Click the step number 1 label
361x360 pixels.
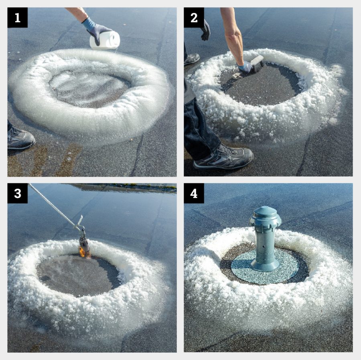tap(18, 18)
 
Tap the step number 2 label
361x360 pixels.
tap(194, 18)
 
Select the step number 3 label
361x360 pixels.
tap(18, 193)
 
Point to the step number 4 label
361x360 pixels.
tap(194, 193)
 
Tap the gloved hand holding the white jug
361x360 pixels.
tap(95, 28)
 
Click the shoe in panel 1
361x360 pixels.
tap(20, 138)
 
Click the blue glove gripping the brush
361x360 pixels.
tap(245, 66)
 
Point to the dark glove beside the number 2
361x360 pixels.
tap(206, 30)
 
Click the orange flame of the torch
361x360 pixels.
tap(82, 252)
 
